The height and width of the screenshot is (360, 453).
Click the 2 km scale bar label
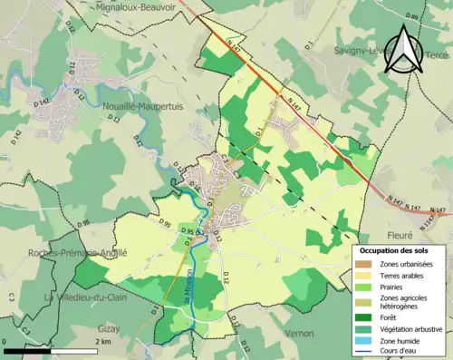tap(104, 342)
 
